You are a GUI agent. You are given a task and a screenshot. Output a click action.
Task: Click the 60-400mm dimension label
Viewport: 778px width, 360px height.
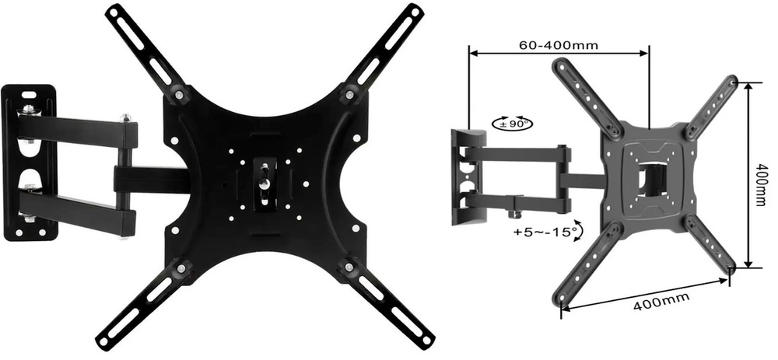click(x=558, y=45)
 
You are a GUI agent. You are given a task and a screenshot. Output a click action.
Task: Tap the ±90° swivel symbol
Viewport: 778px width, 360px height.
click(x=512, y=124)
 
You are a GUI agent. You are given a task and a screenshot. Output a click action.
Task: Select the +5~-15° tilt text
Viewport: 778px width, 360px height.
click(x=545, y=231)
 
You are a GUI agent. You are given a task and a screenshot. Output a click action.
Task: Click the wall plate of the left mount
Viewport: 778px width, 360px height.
click(x=30, y=163)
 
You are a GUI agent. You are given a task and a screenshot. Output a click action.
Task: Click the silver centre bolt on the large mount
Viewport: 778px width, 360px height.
click(x=264, y=183)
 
